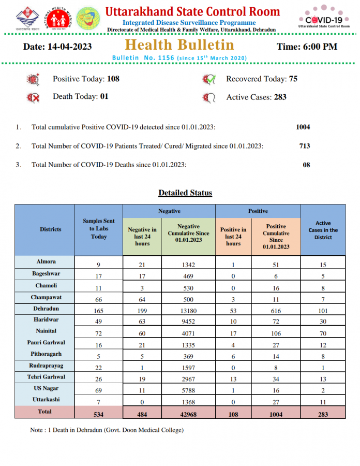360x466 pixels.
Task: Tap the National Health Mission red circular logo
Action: click(57, 18)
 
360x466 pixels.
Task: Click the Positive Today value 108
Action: click(113, 79)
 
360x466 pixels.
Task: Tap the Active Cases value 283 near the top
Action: click(280, 97)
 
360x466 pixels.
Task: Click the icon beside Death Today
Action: click(33, 97)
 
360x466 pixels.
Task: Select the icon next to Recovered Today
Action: click(209, 80)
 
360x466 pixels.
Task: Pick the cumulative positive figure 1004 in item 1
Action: click(303, 127)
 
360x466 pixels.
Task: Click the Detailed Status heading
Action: click(185, 193)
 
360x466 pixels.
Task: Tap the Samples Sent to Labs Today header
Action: click(99, 229)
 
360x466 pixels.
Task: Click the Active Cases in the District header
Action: click(323, 230)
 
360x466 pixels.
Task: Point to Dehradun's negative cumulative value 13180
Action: click(188, 311)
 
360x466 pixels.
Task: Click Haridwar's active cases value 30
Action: click(323, 322)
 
